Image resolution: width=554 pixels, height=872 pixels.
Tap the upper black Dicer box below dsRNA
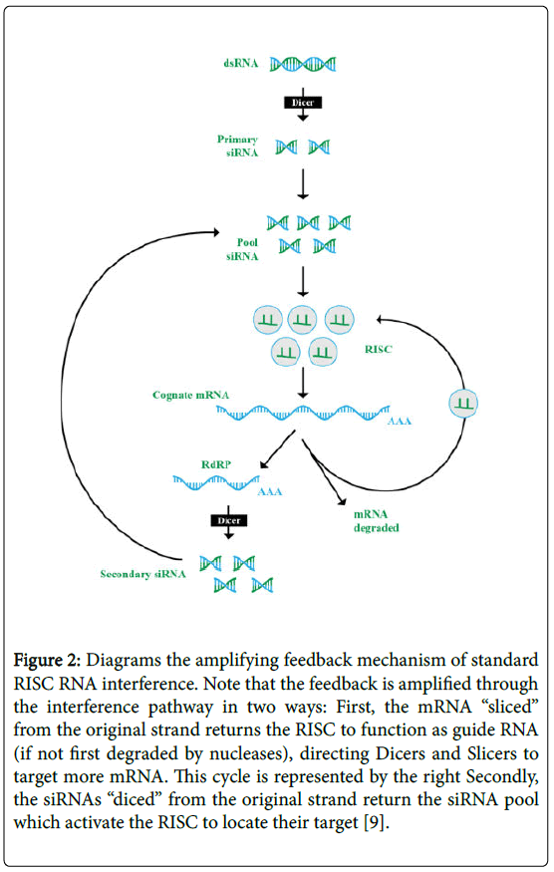pos(302,103)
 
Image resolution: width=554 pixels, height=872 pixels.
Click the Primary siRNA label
pos(239,146)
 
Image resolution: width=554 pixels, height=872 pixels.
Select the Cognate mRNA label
pos(190,395)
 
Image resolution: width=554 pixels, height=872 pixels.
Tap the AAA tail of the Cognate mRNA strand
pos(400,422)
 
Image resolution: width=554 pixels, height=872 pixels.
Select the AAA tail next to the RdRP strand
pos(269,491)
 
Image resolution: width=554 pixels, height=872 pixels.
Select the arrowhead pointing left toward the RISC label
pos(380,321)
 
